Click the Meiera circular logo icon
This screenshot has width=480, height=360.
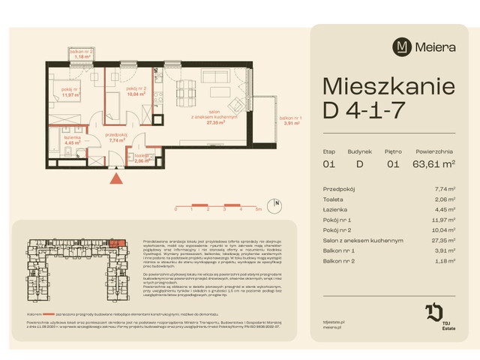403,46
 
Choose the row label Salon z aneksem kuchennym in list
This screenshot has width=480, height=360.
363,241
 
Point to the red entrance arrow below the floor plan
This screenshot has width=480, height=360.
115,178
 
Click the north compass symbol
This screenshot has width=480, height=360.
277,203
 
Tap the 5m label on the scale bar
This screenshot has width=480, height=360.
257,211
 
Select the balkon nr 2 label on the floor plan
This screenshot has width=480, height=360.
82,52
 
